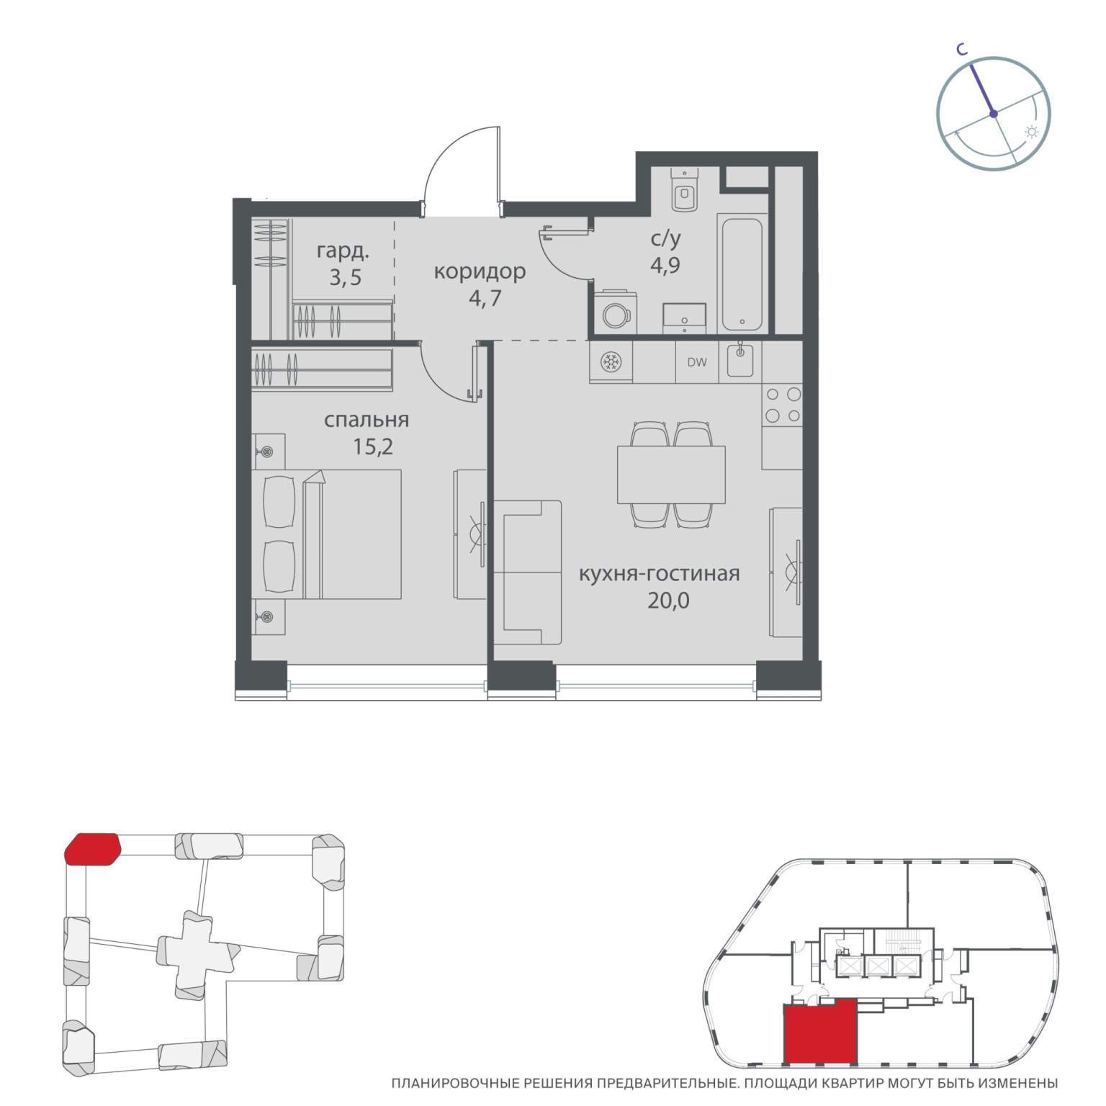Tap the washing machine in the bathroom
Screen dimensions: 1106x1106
pos(616,313)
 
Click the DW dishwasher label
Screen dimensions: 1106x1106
pos(696,362)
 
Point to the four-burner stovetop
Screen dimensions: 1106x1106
pos(783,405)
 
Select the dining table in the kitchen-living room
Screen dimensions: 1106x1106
pos(671,475)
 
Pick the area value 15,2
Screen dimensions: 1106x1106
pos(373,447)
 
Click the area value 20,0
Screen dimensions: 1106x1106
pos(667,599)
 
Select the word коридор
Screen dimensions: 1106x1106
pos(480,271)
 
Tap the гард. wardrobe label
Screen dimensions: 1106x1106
pos(343,252)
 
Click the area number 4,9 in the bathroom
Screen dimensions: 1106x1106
pos(665,264)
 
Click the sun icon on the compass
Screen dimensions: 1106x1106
pos(1032,132)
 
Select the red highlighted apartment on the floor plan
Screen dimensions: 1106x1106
pos(819,1030)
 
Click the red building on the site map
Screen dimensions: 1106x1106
pos(92,848)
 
